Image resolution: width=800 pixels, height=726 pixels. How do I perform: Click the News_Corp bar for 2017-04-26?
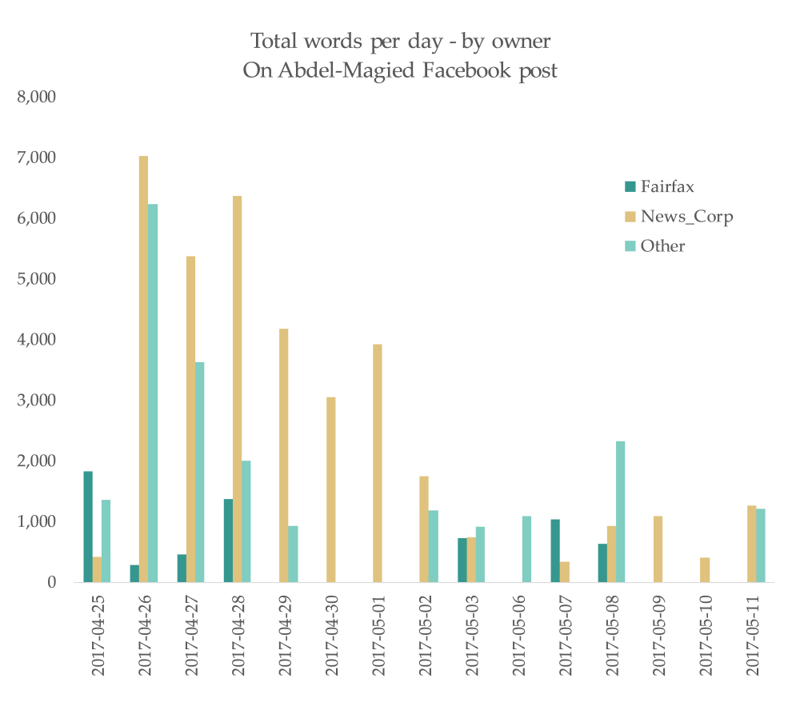143,369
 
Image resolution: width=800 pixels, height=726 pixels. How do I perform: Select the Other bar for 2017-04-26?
153,393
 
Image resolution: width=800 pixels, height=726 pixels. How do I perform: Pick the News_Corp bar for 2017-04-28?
237,389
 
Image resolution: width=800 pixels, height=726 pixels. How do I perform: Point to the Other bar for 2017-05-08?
621,511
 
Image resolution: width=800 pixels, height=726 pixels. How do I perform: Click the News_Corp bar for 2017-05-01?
378,463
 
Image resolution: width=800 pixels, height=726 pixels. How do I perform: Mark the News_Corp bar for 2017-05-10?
705,569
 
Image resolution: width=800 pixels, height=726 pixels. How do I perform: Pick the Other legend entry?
662,245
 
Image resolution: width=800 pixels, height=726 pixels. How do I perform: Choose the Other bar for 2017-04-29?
293,553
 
